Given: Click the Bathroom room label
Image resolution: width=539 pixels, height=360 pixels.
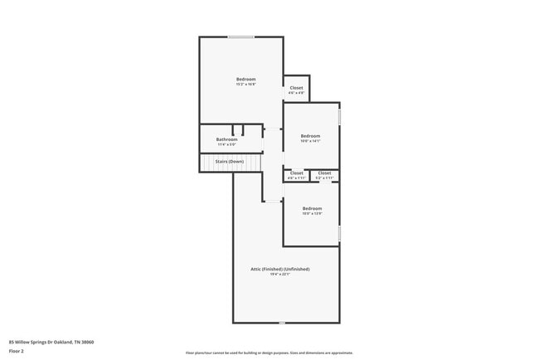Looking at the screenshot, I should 226,139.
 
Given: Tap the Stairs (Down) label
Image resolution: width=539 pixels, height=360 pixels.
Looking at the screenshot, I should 230,161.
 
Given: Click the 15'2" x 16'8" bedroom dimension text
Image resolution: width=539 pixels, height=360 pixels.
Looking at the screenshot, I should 245,85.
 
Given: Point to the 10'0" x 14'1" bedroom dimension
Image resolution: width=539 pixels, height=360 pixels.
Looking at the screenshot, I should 310,141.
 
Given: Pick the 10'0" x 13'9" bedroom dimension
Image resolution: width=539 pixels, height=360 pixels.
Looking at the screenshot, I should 311,213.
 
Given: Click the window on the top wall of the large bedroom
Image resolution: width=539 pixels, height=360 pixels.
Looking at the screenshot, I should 241,36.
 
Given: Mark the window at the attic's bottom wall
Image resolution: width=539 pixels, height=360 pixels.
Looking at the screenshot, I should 281,323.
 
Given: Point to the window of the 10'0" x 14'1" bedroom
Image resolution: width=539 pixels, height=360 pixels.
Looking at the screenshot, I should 339,117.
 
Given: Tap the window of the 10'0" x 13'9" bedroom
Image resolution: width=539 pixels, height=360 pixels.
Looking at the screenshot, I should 339,233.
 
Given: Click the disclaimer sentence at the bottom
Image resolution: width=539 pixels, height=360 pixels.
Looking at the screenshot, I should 269,353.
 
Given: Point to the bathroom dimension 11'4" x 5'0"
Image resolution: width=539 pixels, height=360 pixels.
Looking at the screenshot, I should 226,145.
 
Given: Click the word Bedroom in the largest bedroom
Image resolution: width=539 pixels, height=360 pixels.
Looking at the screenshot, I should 245,79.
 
